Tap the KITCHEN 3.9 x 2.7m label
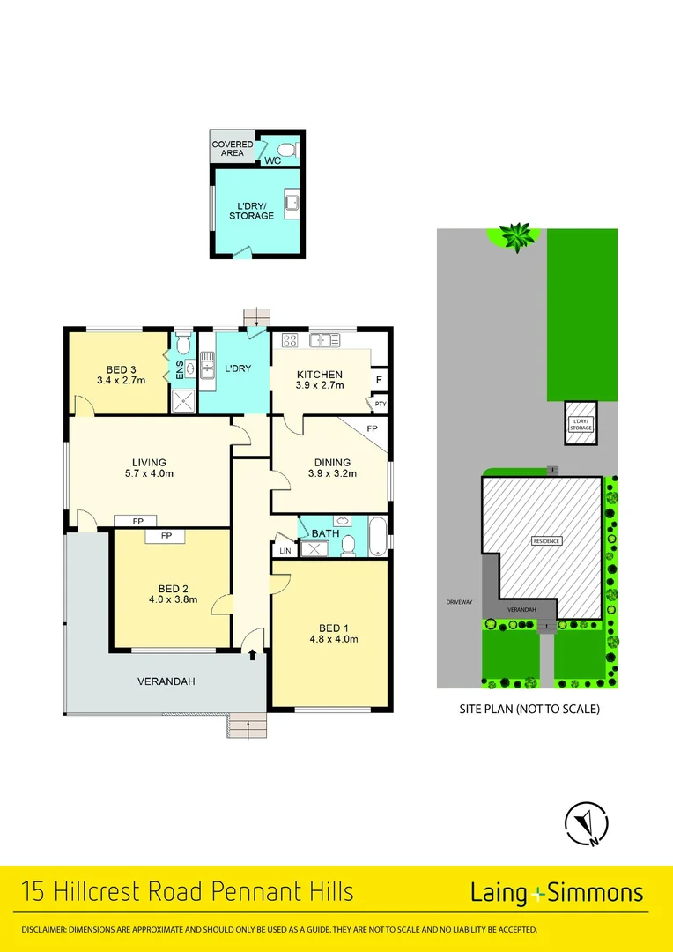click(318, 380)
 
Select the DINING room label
click(332, 468)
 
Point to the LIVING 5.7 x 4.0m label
click(149, 468)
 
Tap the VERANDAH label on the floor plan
click(166, 681)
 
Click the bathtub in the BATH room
click(378, 537)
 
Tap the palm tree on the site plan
click(515, 236)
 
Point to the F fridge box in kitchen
click(380, 382)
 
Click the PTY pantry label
click(381, 404)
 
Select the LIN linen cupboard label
click(285, 550)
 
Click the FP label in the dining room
click(373, 429)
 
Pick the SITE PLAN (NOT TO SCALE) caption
click(530, 708)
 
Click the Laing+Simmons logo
click(557, 892)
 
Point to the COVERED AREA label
click(233, 148)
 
